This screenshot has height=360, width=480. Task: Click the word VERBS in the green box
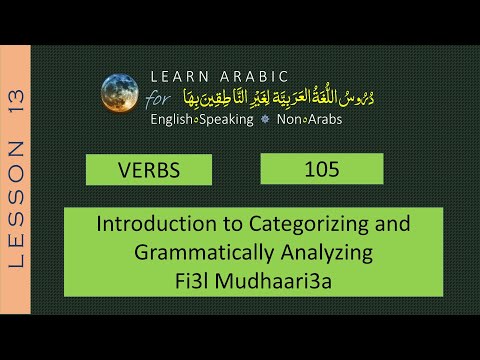tap(147, 170)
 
